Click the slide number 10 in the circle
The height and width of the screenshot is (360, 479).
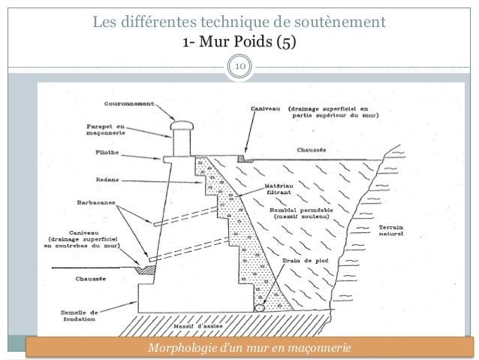[239, 69]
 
